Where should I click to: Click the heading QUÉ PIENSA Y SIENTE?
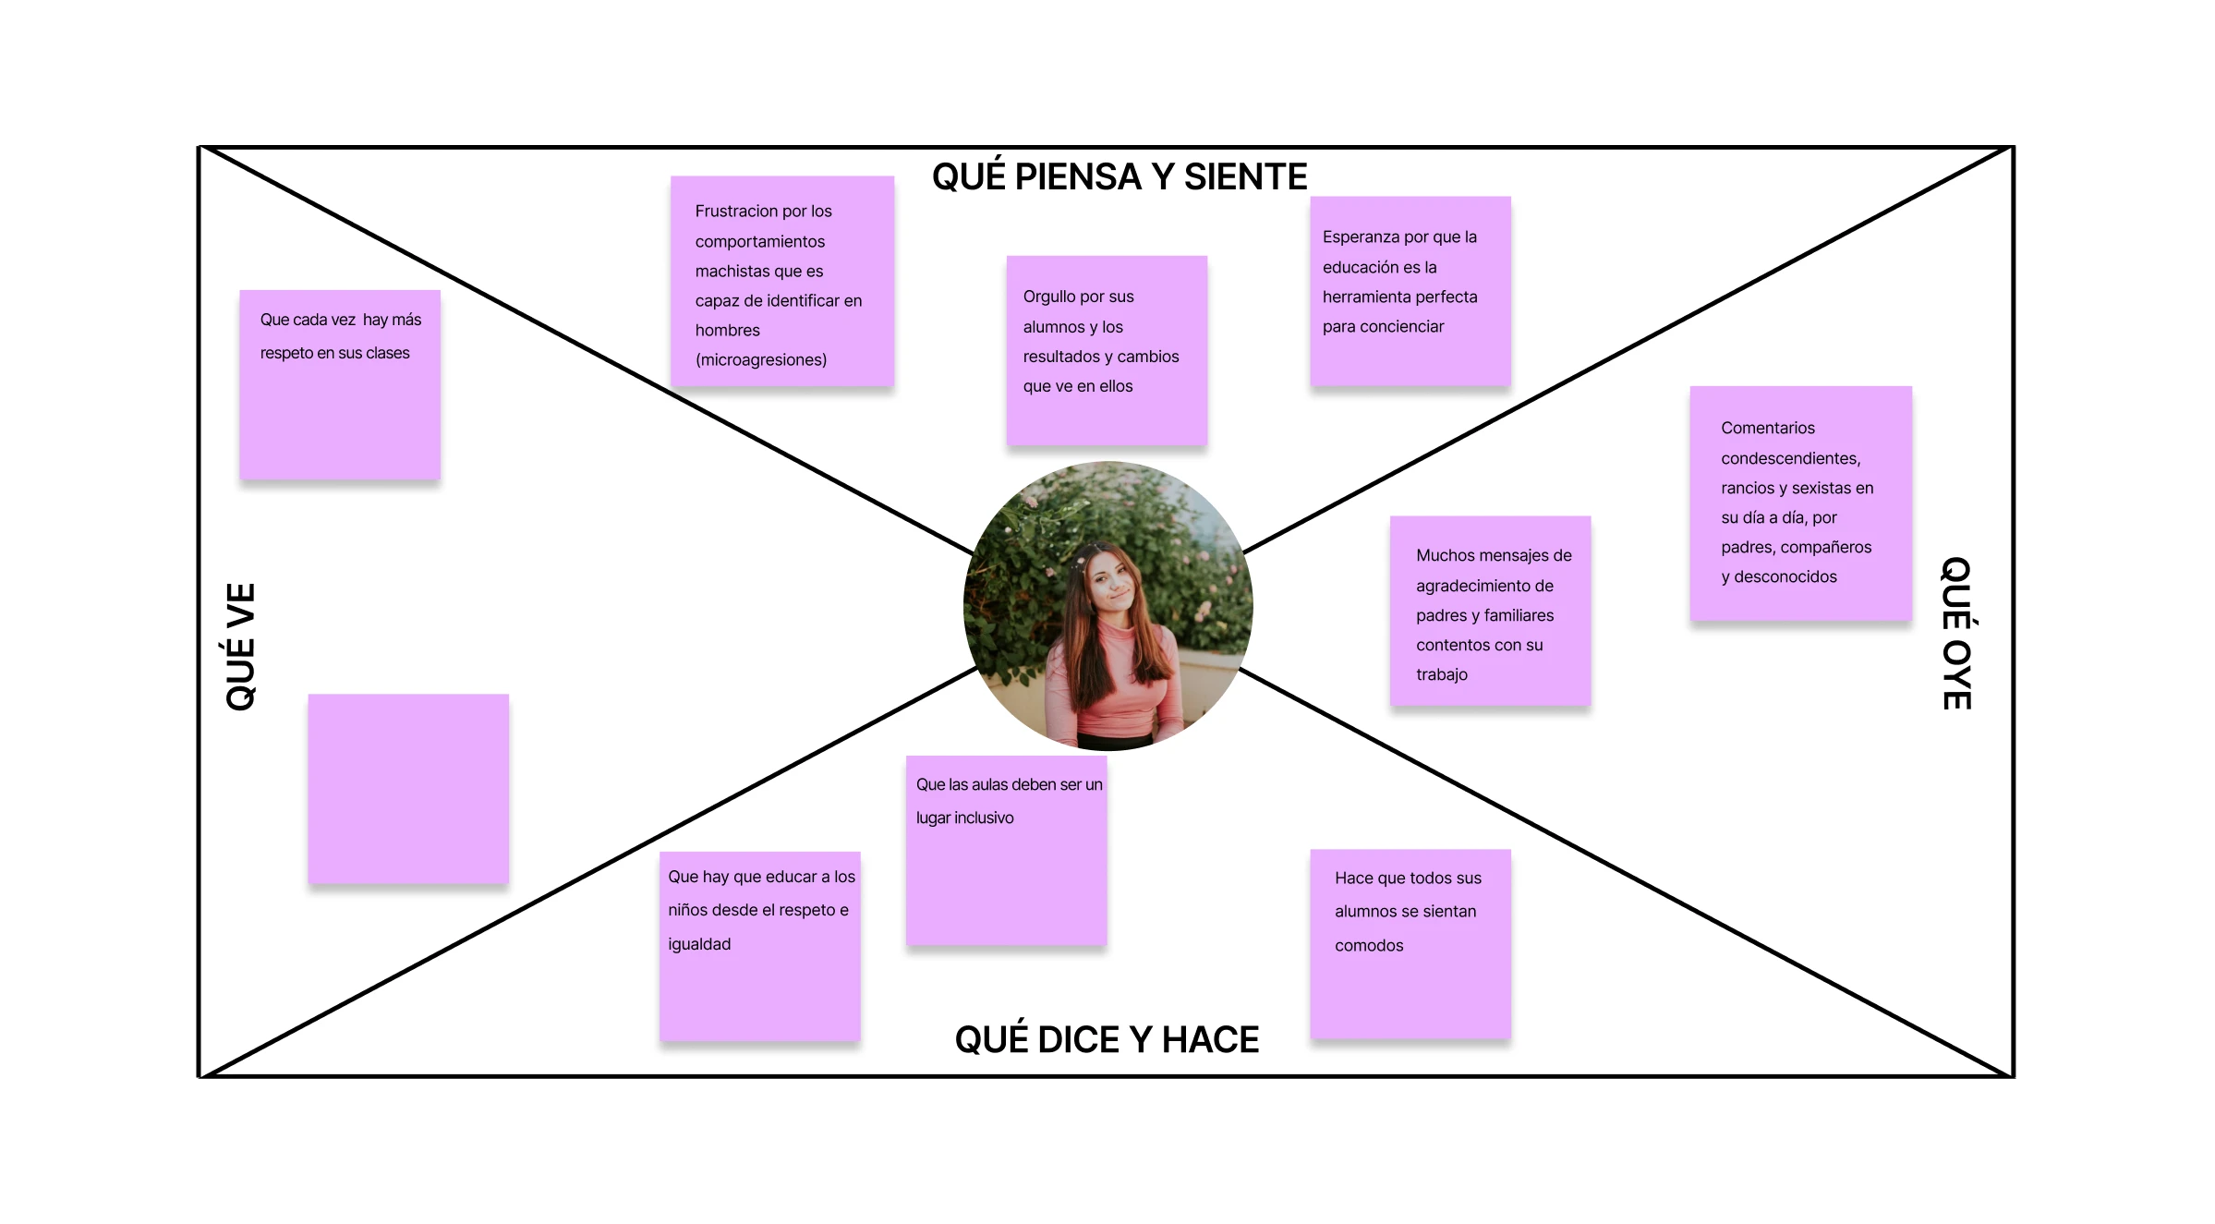1119,176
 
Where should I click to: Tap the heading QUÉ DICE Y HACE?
1107,1039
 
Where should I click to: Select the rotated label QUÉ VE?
240,647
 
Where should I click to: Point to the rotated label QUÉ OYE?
1956,634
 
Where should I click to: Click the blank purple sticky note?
408,789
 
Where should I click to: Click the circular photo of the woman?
1107,606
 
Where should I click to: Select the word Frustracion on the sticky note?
736,212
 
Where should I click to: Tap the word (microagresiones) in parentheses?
761,360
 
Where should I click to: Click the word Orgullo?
1049,297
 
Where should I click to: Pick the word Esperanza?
1361,237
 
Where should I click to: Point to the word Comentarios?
1767,428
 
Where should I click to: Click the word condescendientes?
1789,458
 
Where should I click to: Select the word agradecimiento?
1484,586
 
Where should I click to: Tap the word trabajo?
1441,674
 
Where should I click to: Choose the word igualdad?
699,944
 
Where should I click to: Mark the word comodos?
1368,945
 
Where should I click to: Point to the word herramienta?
1399,297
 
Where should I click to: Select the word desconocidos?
1785,576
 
